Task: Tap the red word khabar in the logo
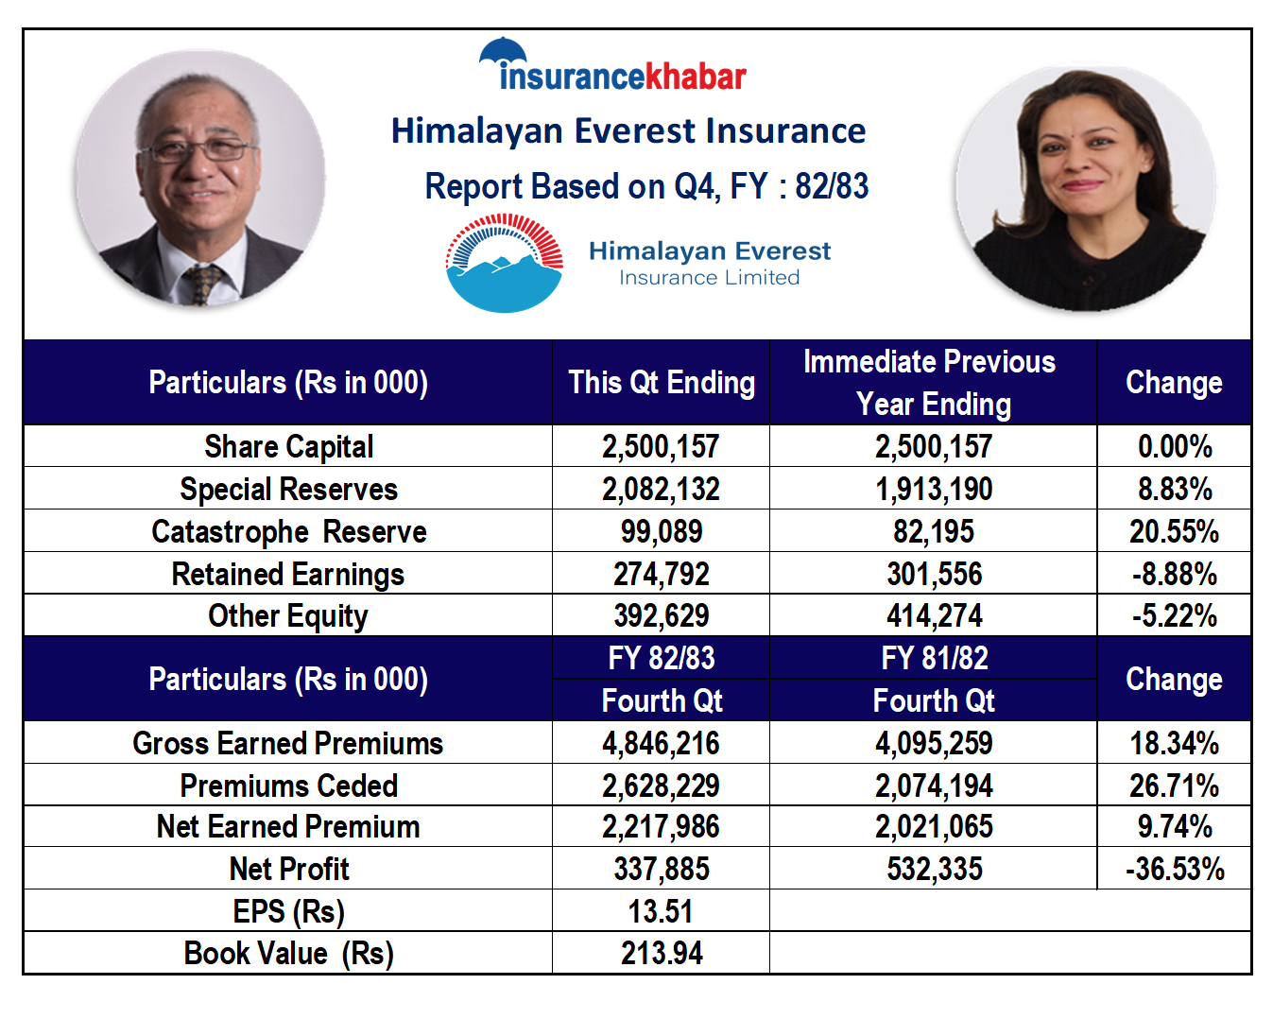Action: pyautogui.click(x=695, y=77)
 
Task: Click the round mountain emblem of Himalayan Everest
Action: pyautogui.click(x=504, y=263)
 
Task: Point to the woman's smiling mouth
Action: pyautogui.click(x=1081, y=185)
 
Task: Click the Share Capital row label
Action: pyautogui.click(x=288, y=446)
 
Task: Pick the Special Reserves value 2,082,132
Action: pyautogui.click(x=661, y=490)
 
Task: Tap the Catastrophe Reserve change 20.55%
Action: pyautogui.click(x=1174, y=531)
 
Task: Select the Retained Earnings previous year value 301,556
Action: pyautogui.click(x=934, y=574)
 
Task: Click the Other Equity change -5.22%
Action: pyautogui.click(x=1174, y=616)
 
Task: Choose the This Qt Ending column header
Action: pyautogui.click(x=662, y=382)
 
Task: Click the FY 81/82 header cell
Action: pyautogui.click(x=934, y=658)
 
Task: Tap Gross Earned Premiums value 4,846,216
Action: pyautogui.click(x=661, y=743)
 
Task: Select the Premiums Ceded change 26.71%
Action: pyautogui.click(x=1174, y=786)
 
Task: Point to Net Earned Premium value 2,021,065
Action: pyautogui.click(x=934, y=827)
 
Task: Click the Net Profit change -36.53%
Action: pyautogui.click(x=1175, y=870)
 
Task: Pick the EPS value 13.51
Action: pyautogui.click(x=661, y=911)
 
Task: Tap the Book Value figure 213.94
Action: pyautogui.click(x=662, y=954)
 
